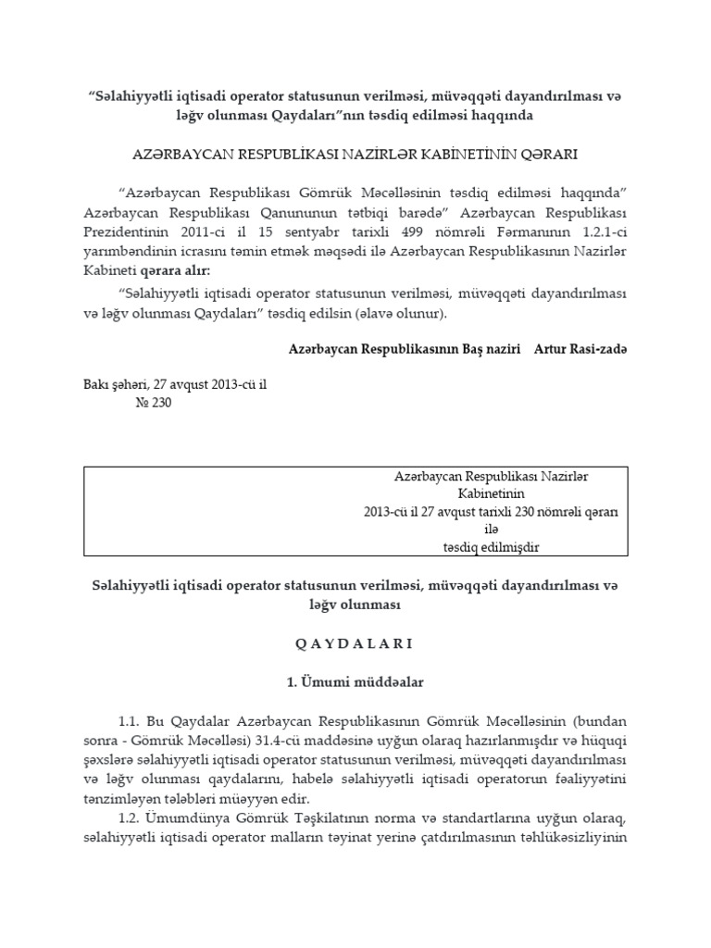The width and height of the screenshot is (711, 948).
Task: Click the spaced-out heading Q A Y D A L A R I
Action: tap(355, 642)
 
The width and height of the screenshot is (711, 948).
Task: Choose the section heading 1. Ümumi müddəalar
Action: tap(355, 681)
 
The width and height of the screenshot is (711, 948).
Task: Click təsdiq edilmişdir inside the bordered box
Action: tap(492, 547)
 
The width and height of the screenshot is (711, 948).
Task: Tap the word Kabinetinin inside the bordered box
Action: tap(492, 493)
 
